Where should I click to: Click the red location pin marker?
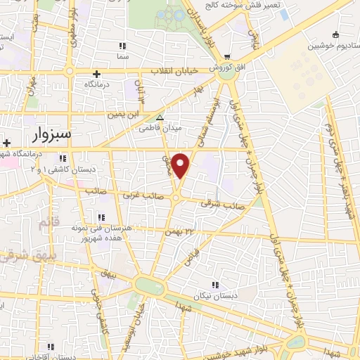[x=181, y=165]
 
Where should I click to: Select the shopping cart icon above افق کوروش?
[x=225, y=58]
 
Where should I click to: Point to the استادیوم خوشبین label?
[x=333, y=46]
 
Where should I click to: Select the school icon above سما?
[x=123, y=46]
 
